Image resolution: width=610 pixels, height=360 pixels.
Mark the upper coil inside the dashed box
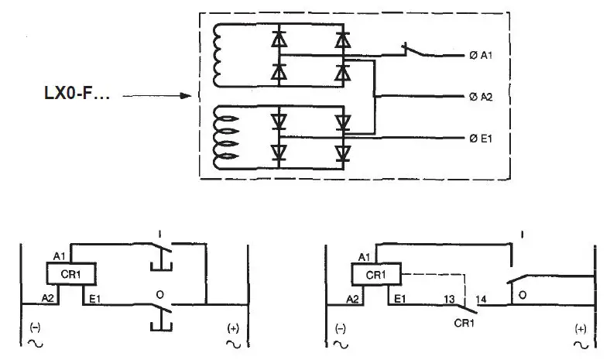pos(220,55)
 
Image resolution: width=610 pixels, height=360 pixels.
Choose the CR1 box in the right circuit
pos(375,274)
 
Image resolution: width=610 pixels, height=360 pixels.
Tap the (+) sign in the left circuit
pos(231,327)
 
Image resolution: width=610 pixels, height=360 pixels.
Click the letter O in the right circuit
pos(522,294)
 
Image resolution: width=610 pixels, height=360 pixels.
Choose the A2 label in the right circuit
pos(351,297)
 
